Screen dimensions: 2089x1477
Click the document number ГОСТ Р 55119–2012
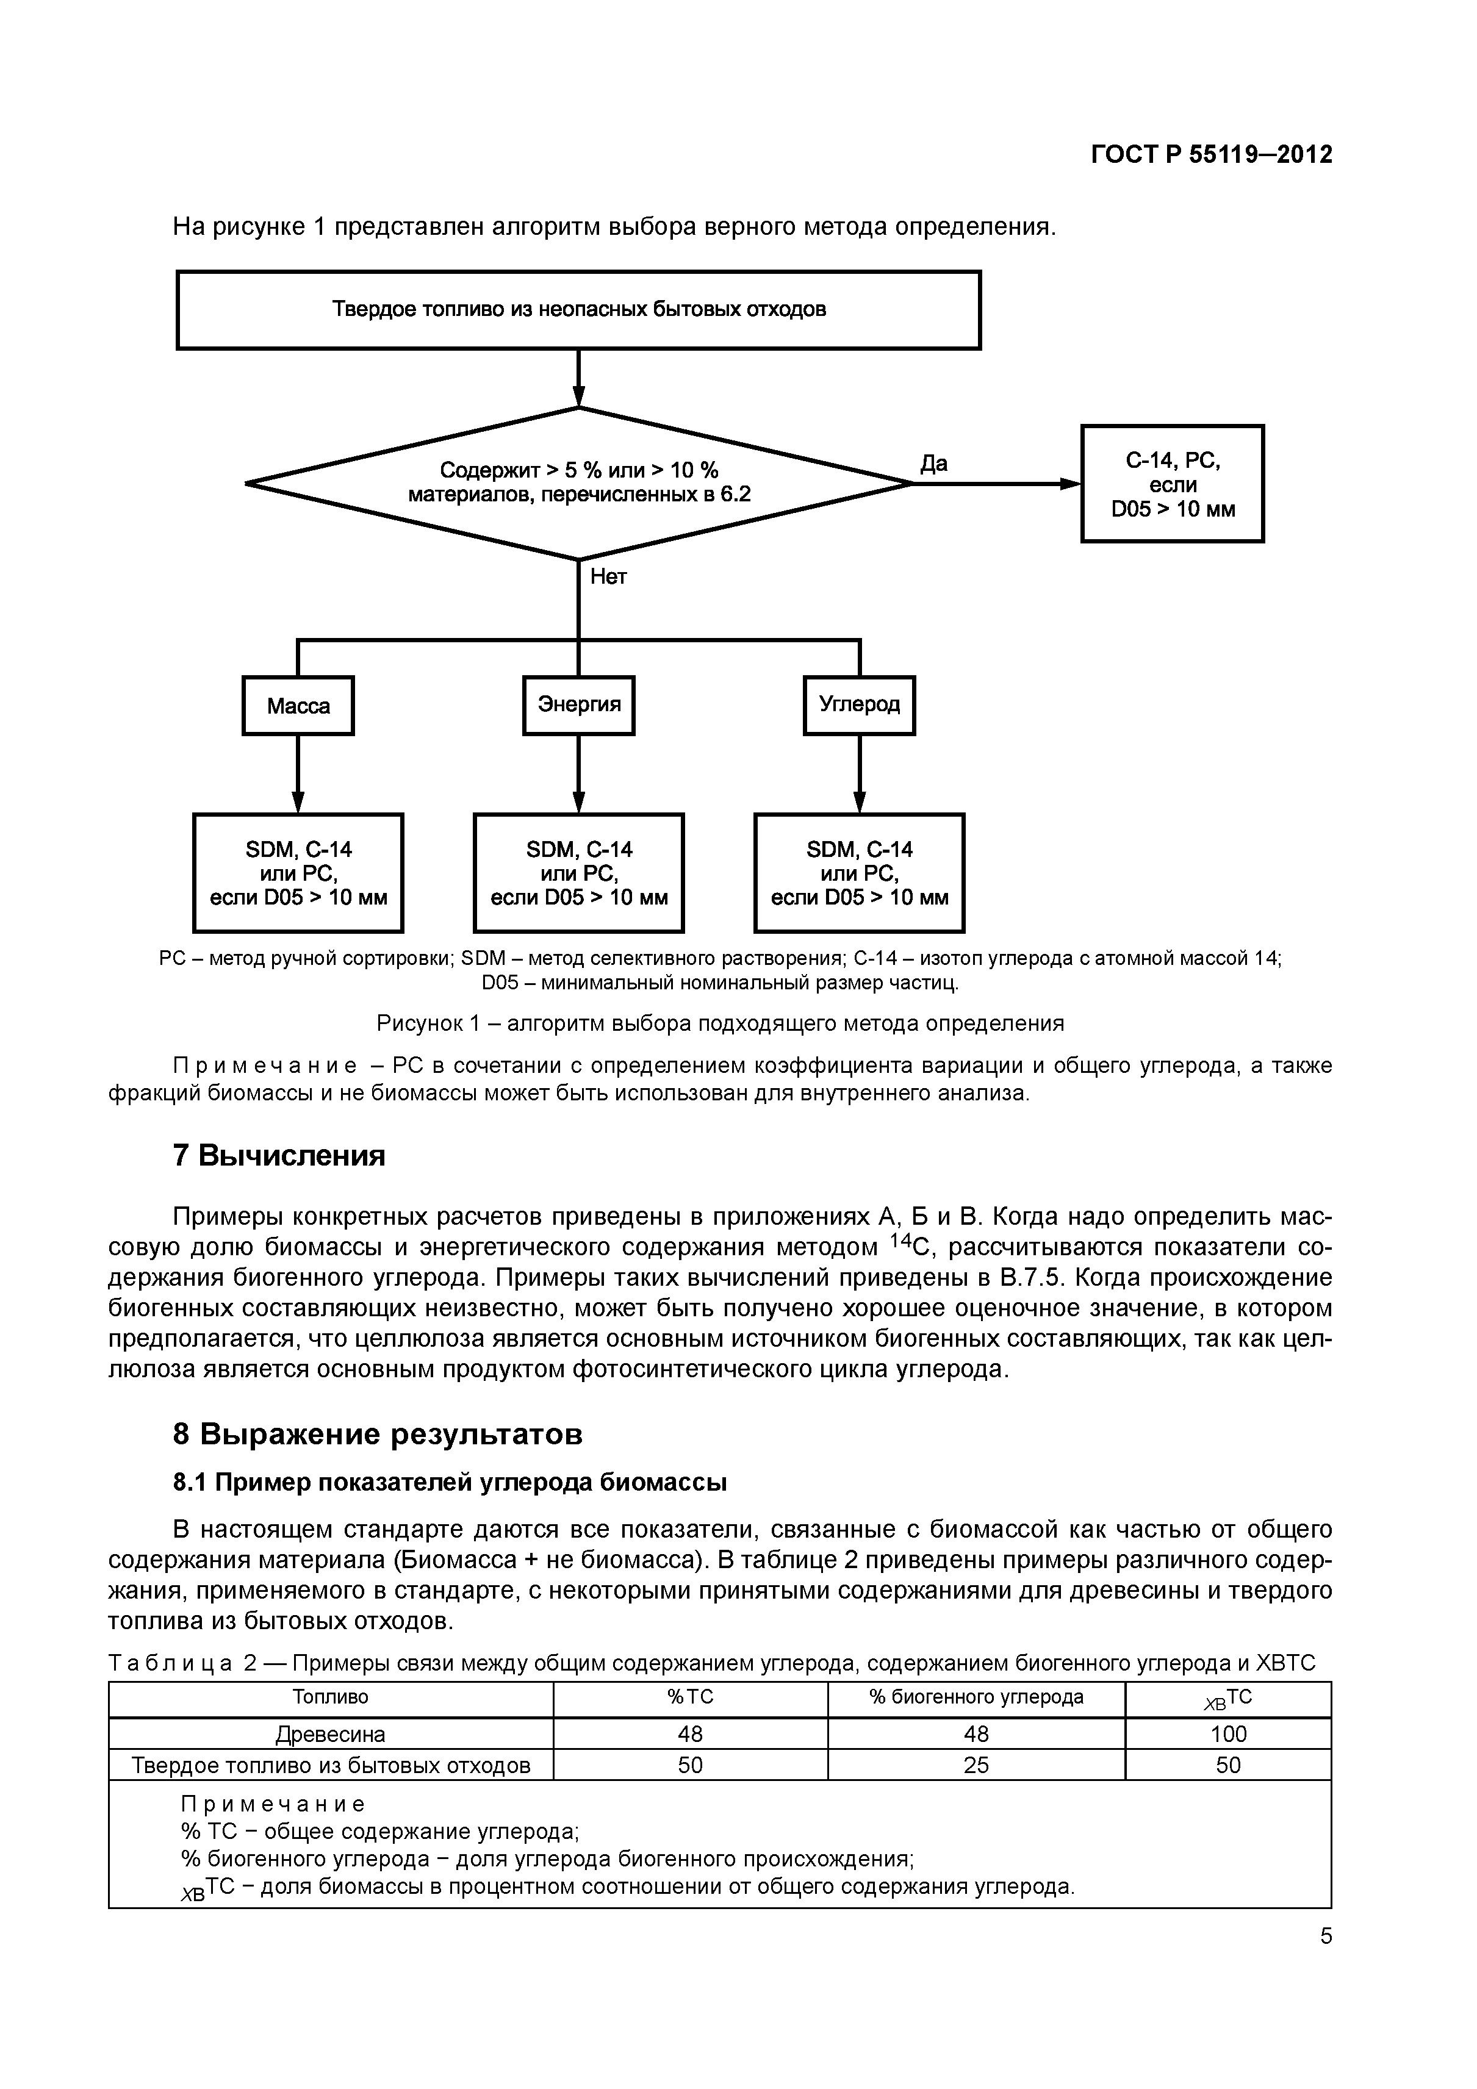pyautogui.click(x=1210, y=156)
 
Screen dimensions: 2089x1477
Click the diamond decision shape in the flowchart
pyautogui.click(x=579, y=483)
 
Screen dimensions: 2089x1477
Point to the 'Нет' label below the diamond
pyautogui.click(x=608, y=577)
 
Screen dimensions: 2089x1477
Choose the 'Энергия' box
pyautogui.click(x=579, y=705)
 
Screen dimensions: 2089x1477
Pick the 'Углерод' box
pyautogui.click(x=859, y=705)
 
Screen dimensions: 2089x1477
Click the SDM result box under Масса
pyautogui.click(x=298, y=873)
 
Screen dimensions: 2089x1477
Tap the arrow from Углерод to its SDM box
pyautogui.click(x=859, y=773)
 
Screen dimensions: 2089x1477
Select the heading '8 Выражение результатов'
pyautogui.click(x=377, y=1435)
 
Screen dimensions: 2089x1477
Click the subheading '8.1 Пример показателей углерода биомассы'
pyautogui.click(x=450, y=1483)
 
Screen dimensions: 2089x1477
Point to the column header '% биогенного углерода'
pyautogui.click(x=977, y=1697)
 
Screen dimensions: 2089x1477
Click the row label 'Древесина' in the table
pyautogui.click(x=330, y=1734)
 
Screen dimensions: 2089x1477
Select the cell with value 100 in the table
pyautogui.click(x=1227, y=1734)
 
